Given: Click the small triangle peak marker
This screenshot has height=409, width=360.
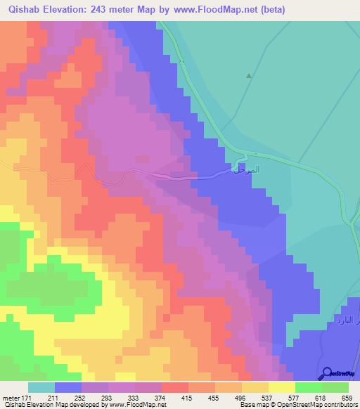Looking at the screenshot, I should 248,75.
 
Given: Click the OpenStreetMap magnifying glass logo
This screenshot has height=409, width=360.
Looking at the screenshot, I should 326,373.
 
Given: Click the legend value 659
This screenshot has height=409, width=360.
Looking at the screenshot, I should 346,398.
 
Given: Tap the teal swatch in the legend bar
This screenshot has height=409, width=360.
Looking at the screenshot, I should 41,387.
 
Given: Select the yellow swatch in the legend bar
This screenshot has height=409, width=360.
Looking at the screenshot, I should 282,387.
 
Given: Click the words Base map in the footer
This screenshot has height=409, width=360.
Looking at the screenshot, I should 252,405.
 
